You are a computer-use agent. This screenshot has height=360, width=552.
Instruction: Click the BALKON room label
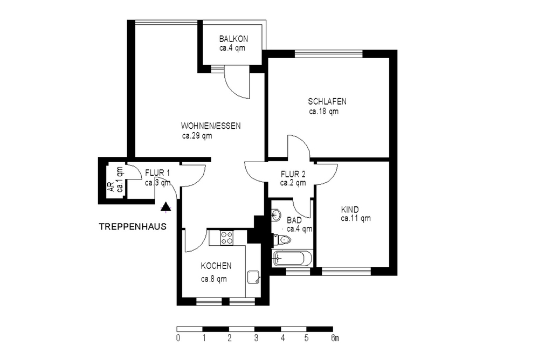click(x=233, y=39)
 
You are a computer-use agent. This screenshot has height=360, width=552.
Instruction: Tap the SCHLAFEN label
click(x=327, y=102)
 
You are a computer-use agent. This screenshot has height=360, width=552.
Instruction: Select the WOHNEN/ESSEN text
click(x=211, y=126)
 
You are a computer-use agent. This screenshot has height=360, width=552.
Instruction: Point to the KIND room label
click(x=350, y=210)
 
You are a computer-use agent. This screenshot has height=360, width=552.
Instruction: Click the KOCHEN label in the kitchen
click(x=216, y=266)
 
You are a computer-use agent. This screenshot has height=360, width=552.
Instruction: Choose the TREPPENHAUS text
click(x=133, y=227)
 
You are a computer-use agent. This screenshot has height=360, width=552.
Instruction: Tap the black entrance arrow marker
click(x=166, y=206)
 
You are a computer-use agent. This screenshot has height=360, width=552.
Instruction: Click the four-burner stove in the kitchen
click(x=226, y=238)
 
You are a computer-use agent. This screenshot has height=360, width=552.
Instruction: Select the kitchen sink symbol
click(x=253, y=277)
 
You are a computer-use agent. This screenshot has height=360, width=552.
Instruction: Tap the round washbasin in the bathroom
click(x=276, y=214)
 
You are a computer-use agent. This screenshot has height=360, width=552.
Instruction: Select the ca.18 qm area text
click(x=324, y=112)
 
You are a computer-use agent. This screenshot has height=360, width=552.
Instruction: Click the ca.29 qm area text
click(x=197, y=136)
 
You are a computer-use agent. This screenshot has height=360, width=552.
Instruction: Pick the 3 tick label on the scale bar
click(x=256, y=338)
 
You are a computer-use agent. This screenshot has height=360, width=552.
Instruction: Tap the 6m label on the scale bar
click(x=335, y=338)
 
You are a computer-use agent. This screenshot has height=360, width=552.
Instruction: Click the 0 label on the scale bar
click(x=178, y=338)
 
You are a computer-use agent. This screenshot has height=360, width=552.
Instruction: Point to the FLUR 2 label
click(x=293, y=174)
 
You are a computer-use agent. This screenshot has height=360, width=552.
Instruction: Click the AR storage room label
click(x=111, y=187)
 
